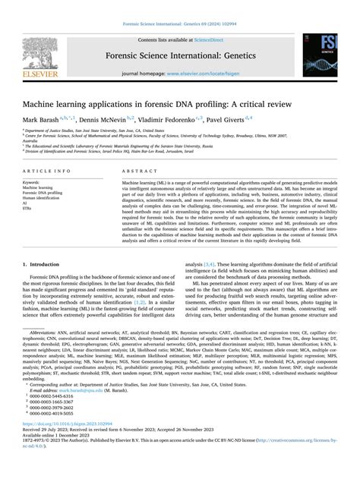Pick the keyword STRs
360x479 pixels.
pyautogui.click(x=28, y=210)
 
